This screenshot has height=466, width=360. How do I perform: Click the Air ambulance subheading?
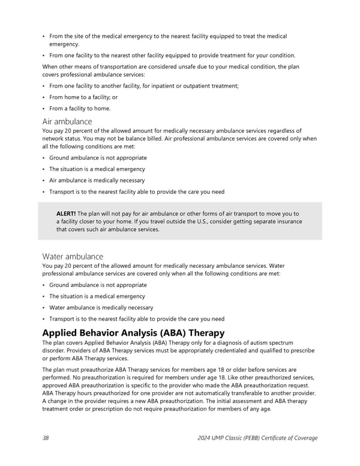67,121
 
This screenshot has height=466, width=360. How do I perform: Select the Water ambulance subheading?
72,256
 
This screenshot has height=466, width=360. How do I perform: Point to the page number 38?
46,438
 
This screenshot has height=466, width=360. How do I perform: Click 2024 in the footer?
205,438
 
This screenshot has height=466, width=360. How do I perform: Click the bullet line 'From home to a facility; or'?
83,97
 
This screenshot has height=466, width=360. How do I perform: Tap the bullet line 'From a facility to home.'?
80,109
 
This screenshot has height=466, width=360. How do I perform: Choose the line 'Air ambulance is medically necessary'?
97,180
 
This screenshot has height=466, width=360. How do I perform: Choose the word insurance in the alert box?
288,222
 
